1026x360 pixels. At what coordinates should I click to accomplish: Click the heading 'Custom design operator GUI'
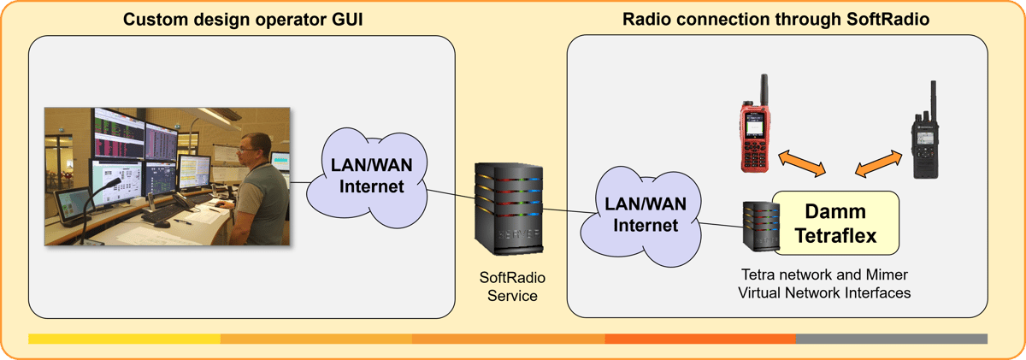click(x=244, y=20)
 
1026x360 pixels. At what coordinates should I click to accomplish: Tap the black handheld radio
click(x=924, y=141)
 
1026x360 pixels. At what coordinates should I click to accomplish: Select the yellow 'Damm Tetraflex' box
click(x=835, y=223)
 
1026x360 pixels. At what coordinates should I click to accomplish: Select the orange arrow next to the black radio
click(x=878, y=164)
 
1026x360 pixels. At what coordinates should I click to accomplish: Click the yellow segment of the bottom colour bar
click(x=124, y=339)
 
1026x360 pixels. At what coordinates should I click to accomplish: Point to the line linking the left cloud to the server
click(x=449, y=199)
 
